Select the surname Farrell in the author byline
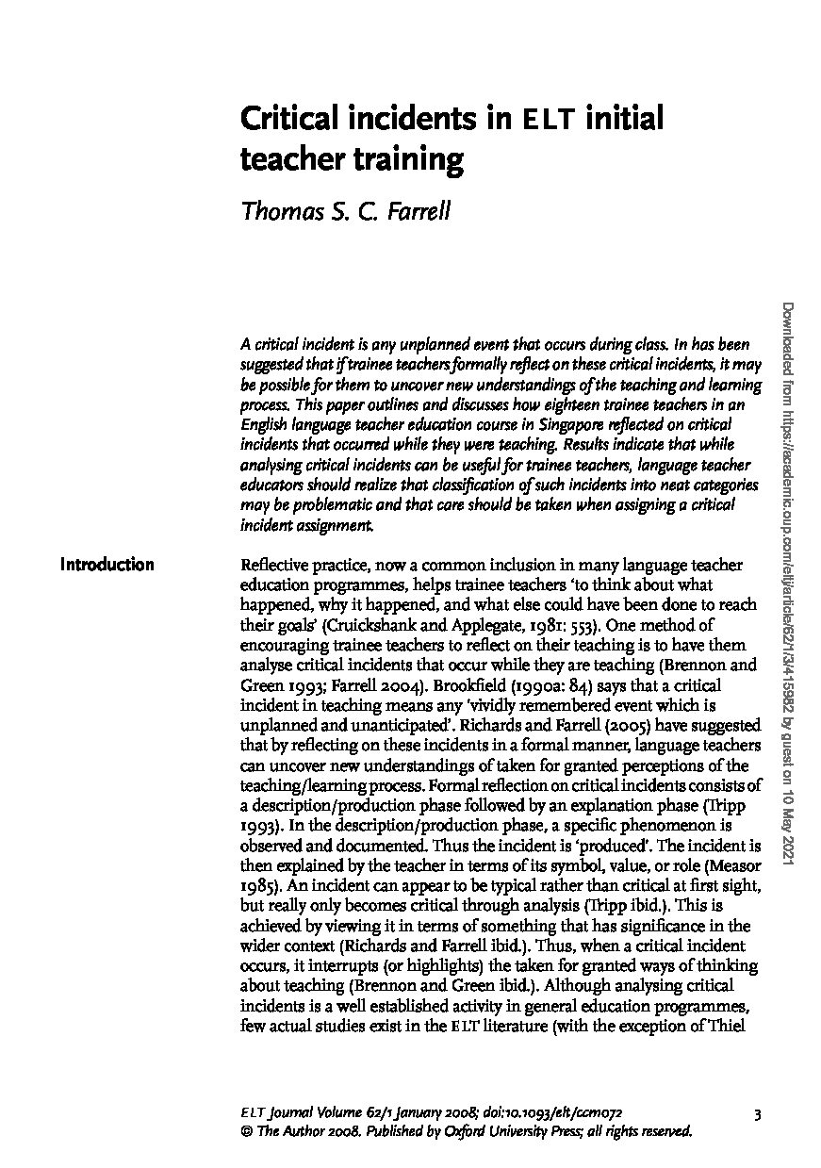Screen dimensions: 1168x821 416,210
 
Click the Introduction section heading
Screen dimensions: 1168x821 107,566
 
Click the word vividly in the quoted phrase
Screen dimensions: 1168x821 441,706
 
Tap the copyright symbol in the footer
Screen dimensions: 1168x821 247,1132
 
